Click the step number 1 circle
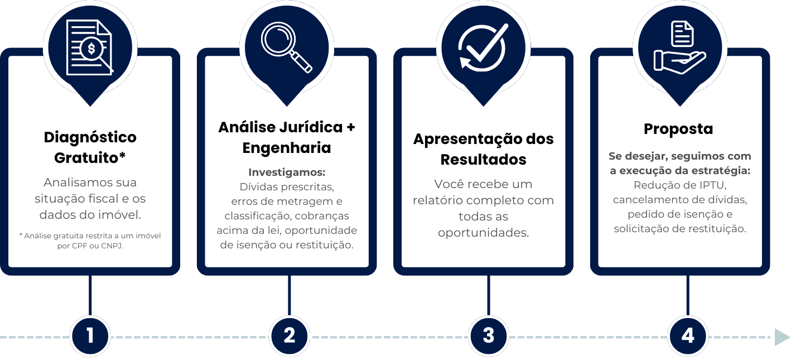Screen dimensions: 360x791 pos(90,336)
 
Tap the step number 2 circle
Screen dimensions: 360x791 pos(289,336)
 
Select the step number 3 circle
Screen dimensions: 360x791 pos(488,336)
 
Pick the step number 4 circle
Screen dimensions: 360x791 pos(687,336)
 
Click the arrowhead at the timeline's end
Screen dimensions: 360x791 pos(782,337)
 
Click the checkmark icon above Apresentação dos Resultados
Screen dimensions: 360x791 pos(483,47)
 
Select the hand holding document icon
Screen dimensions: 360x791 pos(680,47)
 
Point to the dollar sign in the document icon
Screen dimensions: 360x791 pos(90,49)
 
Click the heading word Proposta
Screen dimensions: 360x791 pos(678,129)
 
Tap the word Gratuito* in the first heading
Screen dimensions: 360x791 pos(90,158)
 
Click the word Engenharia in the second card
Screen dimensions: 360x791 pos(287,148)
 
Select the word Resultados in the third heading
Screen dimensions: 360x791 pos(483,160)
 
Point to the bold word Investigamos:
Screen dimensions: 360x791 pos(287,172)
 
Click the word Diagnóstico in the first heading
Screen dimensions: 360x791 pos(90,137)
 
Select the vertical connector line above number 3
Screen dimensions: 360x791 pos(488,296)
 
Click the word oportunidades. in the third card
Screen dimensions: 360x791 pos(483,233)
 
